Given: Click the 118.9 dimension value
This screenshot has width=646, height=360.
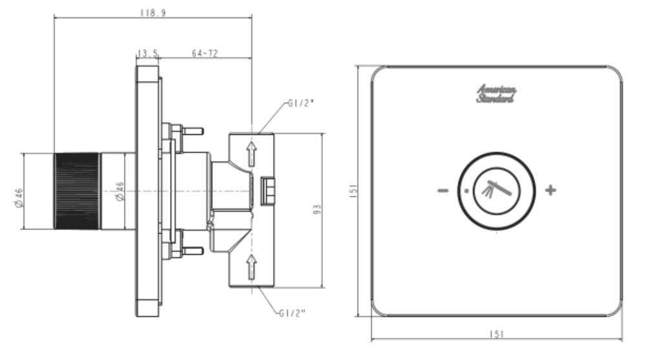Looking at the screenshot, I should click(152, 13).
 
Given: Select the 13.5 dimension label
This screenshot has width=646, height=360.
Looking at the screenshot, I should click(147, 53).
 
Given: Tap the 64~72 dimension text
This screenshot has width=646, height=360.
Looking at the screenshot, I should click(205, 53).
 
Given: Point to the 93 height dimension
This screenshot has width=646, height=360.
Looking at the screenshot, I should click(317, 210).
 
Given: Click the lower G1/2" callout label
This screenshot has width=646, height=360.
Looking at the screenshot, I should click(293, 313).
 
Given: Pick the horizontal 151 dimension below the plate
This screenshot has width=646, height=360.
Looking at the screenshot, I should click(496, 334).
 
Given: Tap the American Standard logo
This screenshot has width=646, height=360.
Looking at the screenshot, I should click(496, 94).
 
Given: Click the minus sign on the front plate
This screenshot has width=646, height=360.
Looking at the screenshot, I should click(443, 191).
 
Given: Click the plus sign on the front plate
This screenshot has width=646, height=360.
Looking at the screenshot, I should click(550, 190).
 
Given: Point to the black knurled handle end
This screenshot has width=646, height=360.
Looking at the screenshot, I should click(76, 191).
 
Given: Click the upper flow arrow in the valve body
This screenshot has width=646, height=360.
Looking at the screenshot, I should click(251, 153).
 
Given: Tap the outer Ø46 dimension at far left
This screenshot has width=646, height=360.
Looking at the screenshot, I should click(19, 197).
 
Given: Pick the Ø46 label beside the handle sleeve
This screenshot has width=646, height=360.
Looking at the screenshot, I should click(120, 192).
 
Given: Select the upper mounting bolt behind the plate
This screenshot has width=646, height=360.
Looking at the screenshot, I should click(192, 131).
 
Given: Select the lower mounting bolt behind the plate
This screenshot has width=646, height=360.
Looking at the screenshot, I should click(192, 251).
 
